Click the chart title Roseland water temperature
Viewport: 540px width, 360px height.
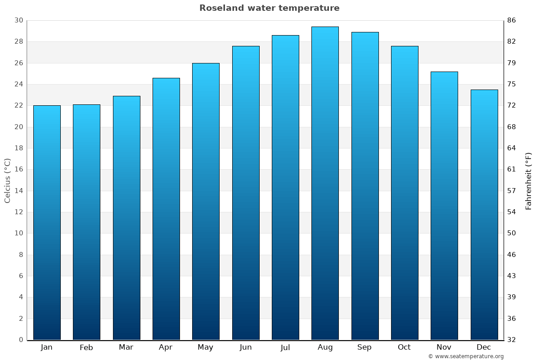pos(269,8)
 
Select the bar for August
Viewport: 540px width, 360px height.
pos(325,183)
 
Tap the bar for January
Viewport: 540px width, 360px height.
pos(47,223)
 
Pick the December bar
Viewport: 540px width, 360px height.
pos(484,215)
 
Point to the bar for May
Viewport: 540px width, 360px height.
pos(206,201)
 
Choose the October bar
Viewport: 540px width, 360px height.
pos(405,193)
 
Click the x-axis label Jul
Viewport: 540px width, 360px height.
pos(285,347)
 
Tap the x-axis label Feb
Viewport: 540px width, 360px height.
pos(86,347)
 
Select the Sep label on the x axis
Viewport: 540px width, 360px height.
pos(364,347)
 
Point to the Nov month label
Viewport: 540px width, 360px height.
pos(444,347)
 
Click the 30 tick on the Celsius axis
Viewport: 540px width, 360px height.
pos(18,20)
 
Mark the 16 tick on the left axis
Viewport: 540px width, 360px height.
pos(18,169)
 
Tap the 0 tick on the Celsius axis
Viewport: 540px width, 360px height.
pos(21,340)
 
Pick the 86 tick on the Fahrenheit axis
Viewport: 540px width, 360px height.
pos(512,20)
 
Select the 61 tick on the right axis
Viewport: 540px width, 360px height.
pos(512,169)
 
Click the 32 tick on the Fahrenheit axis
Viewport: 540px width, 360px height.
pos(512,340)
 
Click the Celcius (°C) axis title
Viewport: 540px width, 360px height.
pos(7,180)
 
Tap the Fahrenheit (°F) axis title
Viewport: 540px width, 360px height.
pos(529,180)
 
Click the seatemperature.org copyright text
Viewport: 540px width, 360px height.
pos(466,356)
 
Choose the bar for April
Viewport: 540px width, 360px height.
pos(166,209)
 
